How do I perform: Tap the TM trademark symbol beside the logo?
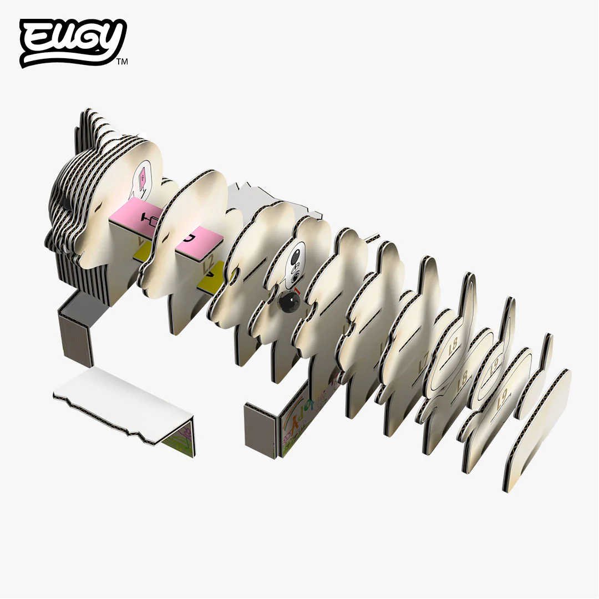tap(122, 62)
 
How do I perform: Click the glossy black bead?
tap(288, 303)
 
